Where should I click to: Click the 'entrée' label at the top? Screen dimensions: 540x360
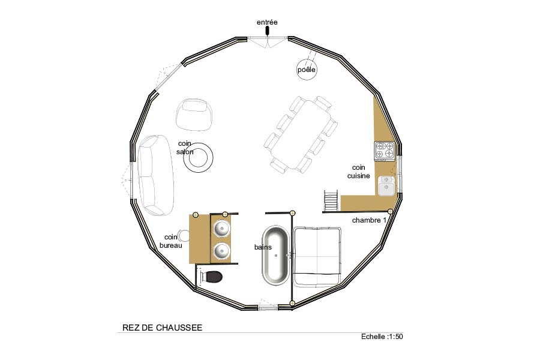267,22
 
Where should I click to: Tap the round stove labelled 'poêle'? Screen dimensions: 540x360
307,70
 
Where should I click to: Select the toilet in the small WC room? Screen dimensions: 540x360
211,276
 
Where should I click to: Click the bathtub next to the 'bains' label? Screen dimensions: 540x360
275,255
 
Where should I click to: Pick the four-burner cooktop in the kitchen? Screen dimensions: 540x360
385,151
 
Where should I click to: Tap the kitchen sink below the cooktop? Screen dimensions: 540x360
386,185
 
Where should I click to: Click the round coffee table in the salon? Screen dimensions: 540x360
199,157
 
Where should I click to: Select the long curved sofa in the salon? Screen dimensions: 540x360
156,175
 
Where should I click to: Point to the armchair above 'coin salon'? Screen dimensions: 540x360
194,115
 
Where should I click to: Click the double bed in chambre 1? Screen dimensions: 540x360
317,257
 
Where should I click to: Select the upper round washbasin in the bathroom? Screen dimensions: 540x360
221,229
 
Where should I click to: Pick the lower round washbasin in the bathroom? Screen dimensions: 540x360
221,251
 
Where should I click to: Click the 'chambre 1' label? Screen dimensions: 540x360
369,220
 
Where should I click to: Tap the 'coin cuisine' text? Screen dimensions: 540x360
359,172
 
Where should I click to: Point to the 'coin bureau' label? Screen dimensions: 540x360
171,241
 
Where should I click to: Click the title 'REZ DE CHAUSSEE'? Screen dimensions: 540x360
162,327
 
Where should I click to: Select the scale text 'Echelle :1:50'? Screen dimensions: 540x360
382,337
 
